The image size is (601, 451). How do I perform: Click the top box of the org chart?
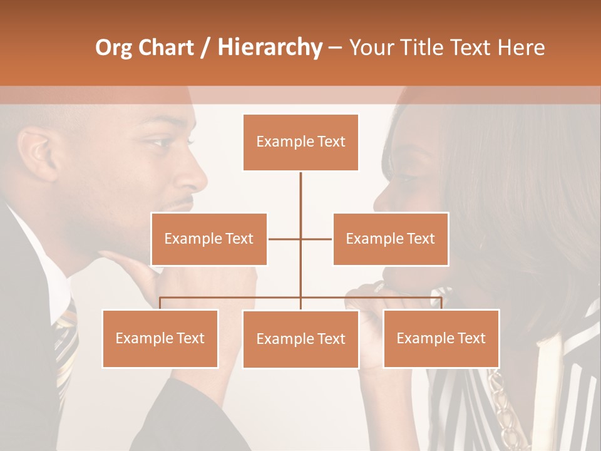[x=300, y=142]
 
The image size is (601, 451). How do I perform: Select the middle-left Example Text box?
[x=209, y=239]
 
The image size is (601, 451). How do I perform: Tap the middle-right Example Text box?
[x=390, y=239]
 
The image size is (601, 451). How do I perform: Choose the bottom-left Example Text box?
[x=160, y=338]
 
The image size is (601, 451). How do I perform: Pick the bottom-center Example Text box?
[x=300, y=339]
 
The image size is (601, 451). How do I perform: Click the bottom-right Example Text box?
[x=441, y=338]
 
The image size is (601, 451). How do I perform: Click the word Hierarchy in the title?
[x=270, y=48]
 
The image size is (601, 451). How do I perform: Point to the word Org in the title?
[x=113, y=48]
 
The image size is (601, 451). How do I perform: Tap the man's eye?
[x=157, y=142]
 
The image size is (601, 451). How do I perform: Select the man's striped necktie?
[x=65, y=345]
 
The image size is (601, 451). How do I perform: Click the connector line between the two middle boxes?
[x=300, y=239]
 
